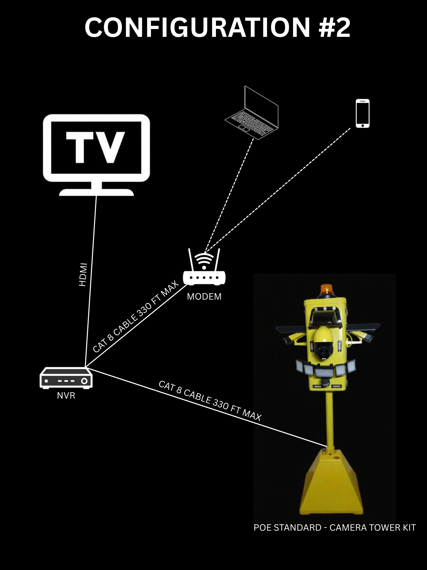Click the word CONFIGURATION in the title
click(197, 28)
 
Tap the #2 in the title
click(335, 28)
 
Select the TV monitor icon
click(96, 155)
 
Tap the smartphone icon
click(363, 113)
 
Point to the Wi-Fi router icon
click(204, 268)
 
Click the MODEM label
click(204, 297)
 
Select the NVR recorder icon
click(66, 378)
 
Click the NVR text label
click(66, 396)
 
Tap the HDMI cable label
click(83, 274)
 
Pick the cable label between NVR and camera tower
click(210, 402)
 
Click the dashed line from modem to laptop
click(229, 196)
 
